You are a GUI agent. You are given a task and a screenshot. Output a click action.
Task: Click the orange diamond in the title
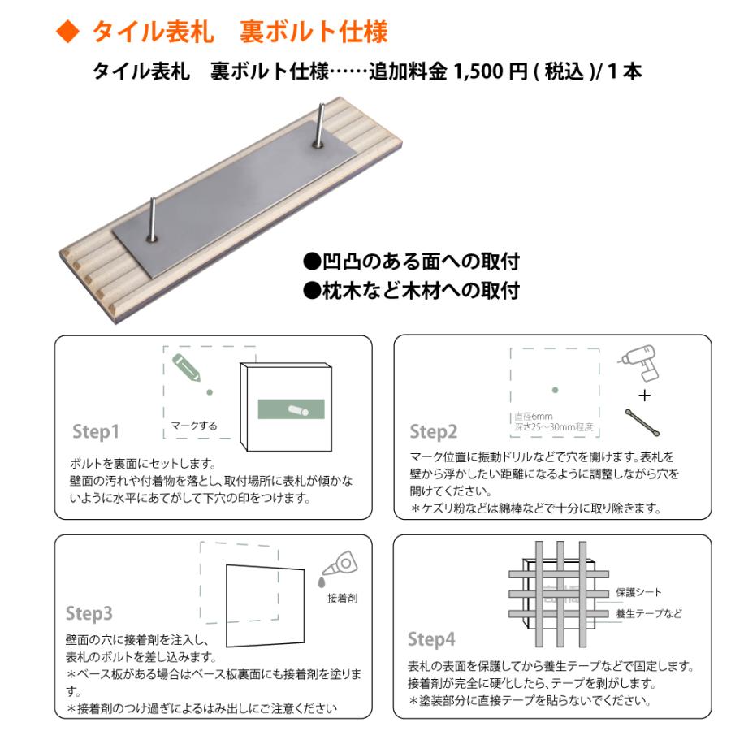coord(68,32)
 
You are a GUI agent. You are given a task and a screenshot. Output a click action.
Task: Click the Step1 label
coord(96,430)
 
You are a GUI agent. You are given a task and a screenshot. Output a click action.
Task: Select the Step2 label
coord(434,431)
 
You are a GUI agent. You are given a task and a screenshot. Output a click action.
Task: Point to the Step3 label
coord(89,612)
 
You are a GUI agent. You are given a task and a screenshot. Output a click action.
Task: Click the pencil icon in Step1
coord(187,368)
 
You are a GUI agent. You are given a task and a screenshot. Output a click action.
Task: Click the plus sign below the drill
coord(645,396)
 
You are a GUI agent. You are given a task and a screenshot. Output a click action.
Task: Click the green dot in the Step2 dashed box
coord(555,390)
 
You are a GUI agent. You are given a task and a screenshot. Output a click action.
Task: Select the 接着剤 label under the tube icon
coord(342,599)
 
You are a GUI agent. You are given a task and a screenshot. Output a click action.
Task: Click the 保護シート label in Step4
coord(638,592)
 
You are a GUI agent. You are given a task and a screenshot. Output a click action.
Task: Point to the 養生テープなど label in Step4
coord(649,613)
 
